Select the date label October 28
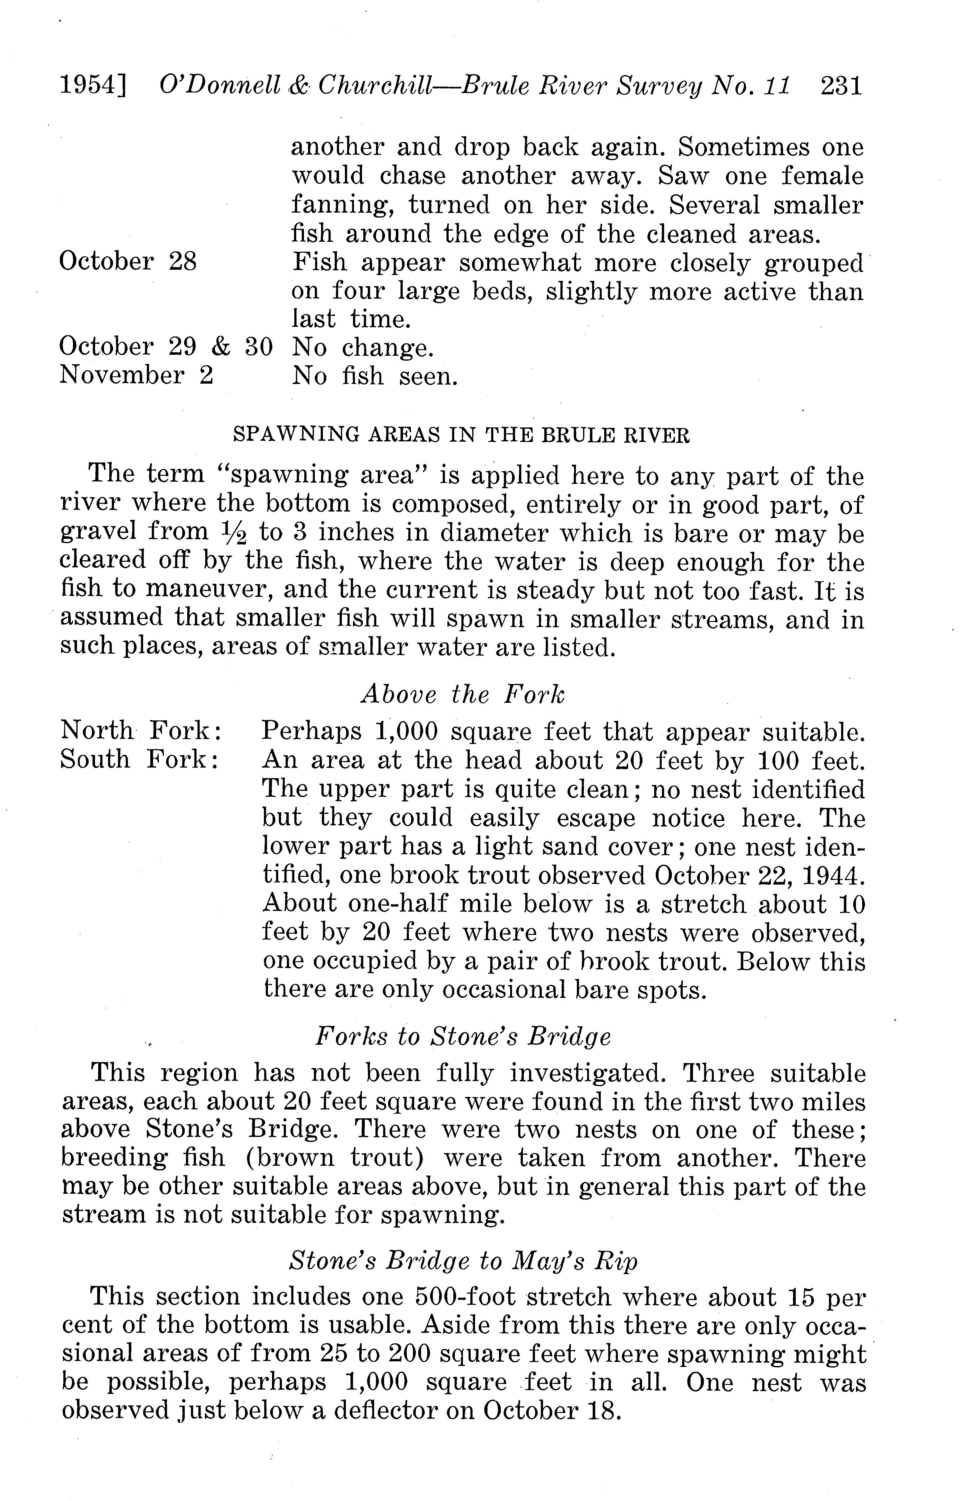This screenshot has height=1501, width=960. [128, 261]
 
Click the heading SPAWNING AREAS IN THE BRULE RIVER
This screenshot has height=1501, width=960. [461, 435]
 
